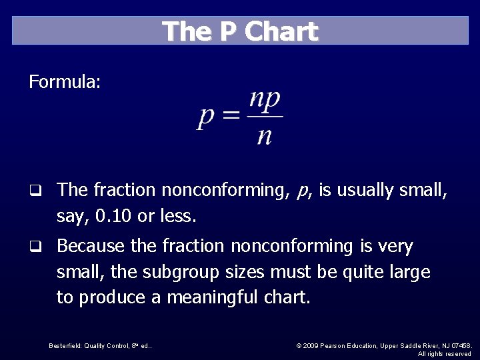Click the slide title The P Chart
(241, 31)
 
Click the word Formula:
(65, 83)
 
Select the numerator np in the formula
(265, 101)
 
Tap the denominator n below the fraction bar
(265, 135)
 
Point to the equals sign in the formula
(231, 117)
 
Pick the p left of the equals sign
(207, 119)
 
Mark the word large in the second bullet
(409, 272)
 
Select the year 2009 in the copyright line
(311, 345)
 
